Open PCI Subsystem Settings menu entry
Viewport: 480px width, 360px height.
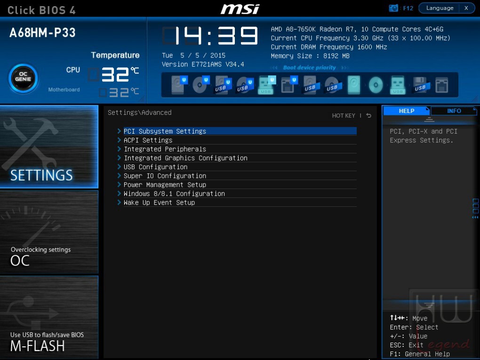tap(165, 131)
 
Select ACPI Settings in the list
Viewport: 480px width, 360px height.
tap(148, 140)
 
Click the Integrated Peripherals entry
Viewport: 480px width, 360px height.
tap(165, 149)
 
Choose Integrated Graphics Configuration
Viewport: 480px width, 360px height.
tap(185, 158)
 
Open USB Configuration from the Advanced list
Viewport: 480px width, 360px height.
tap(155, 167)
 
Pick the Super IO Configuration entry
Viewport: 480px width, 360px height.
tap(165, 176)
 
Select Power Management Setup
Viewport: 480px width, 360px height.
tap(165, 184)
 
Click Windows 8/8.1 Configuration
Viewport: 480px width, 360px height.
tap(174, 193)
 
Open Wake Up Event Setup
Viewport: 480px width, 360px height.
tap(159, 202)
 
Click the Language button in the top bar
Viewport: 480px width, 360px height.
tap(440, 8)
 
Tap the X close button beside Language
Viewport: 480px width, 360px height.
tap(466, 8)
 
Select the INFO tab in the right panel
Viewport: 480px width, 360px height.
tap(454, 111)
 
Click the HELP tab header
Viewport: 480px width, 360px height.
tap(407, 111)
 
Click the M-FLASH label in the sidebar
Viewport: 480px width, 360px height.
tap(37, 346)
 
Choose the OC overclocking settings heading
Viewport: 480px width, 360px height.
tap(20, 261)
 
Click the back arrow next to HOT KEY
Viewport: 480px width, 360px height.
tap(368, 115)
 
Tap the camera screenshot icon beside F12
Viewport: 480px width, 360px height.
tap(393, 8)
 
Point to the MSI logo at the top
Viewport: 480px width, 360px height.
tap(240, 9)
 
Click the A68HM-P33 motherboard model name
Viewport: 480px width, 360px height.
tap(42, 33)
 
